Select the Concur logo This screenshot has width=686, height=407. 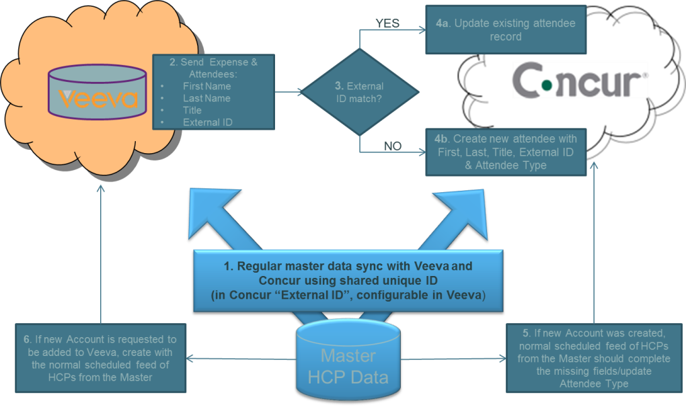click(x=580, y=81)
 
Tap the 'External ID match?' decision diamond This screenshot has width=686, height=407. click(x=359, y=93)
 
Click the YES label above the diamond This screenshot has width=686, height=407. click(x=387, y=24)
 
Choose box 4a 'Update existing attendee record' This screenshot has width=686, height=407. click(x=505, y=30)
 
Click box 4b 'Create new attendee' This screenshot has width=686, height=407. click(x=505, y=152)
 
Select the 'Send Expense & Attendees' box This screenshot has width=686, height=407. click(x=213, y=92)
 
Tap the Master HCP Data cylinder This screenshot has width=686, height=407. click(x=348, y=363)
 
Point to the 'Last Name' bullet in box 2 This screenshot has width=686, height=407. click(x=206, y=98)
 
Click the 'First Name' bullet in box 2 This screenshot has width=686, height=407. click(x=206, y=86)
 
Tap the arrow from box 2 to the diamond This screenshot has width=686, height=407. click(x=287, y=93)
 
